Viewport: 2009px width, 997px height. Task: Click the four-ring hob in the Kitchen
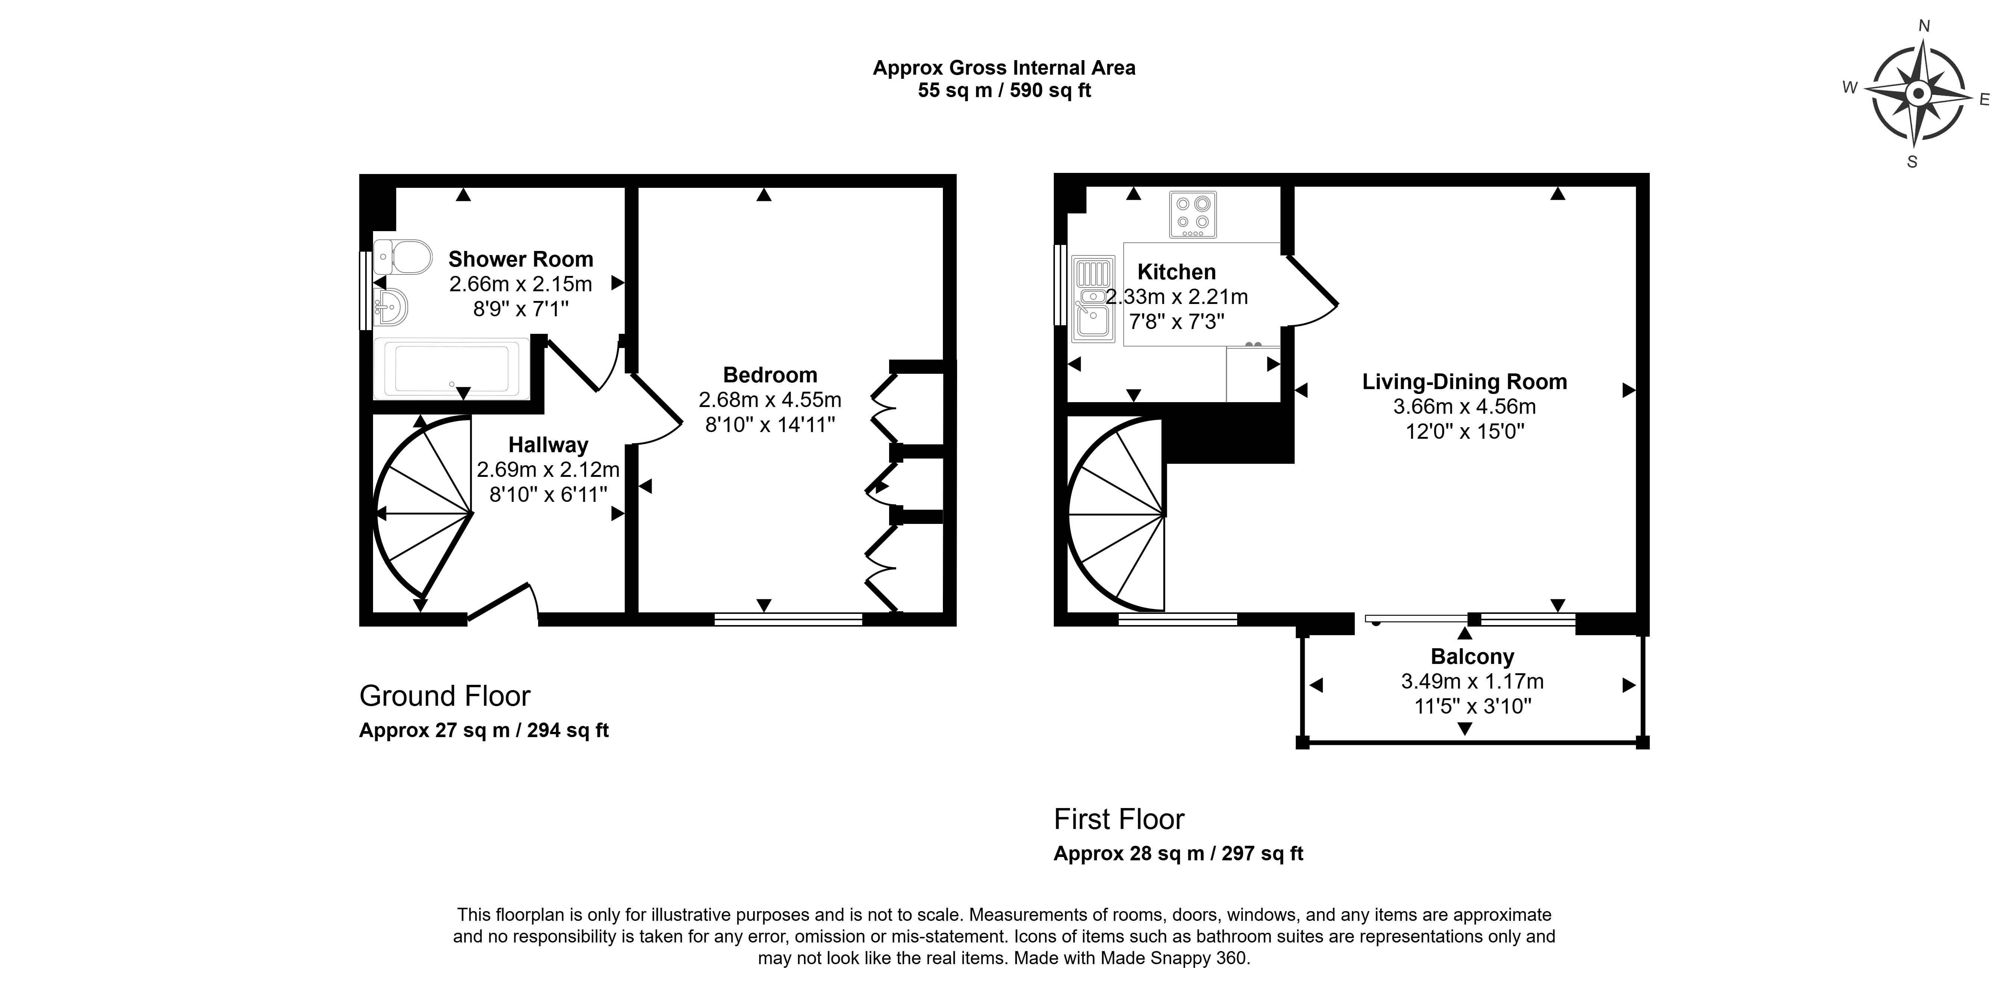pyautogui.click(x=1192, y=215)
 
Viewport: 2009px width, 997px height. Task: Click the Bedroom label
pyautogui.click(x=770, y=375)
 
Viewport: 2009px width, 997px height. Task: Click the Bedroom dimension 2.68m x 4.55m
pyautogui.click(x=770, y=400)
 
